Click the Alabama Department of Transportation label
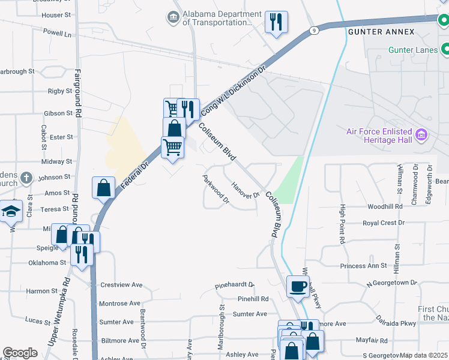tap(217, 18)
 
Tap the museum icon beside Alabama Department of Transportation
tap(173, 18)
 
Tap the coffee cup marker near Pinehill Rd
tap(298, 286)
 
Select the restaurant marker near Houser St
tap(276, 22)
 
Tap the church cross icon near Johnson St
tap(26, 178)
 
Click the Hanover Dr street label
tap(244, 190)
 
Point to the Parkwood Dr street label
tap(216, 189)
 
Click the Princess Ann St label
tap(361, 266)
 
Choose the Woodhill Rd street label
tap(385, 206)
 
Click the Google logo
tap(20, 353)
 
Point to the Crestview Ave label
tap(121, 284)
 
